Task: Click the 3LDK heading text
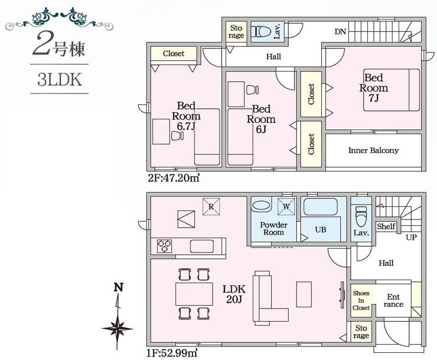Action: click(60, 80)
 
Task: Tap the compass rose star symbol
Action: click(118, 329)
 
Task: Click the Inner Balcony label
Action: click(373, 151)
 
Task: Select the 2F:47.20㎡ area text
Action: click(174, 177)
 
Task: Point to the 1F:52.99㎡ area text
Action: click(172, 353)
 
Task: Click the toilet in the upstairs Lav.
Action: click(260, 31)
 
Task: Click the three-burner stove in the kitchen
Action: click(164, 247)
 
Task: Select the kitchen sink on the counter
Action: click(202, 247)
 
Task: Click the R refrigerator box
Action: click(211, 207)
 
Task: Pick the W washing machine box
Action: click(286, 207)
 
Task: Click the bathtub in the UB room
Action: click(321, 207)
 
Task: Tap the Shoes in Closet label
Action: click(361, 300)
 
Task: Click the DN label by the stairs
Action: click(340, 31)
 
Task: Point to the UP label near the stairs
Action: click(411, 238)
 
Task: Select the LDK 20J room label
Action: click(234, 294)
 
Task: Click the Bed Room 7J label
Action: click(373, 87)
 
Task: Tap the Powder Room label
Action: click(273, 229)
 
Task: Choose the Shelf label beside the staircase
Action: click(386, 226)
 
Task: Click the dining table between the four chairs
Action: click(194, 294)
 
